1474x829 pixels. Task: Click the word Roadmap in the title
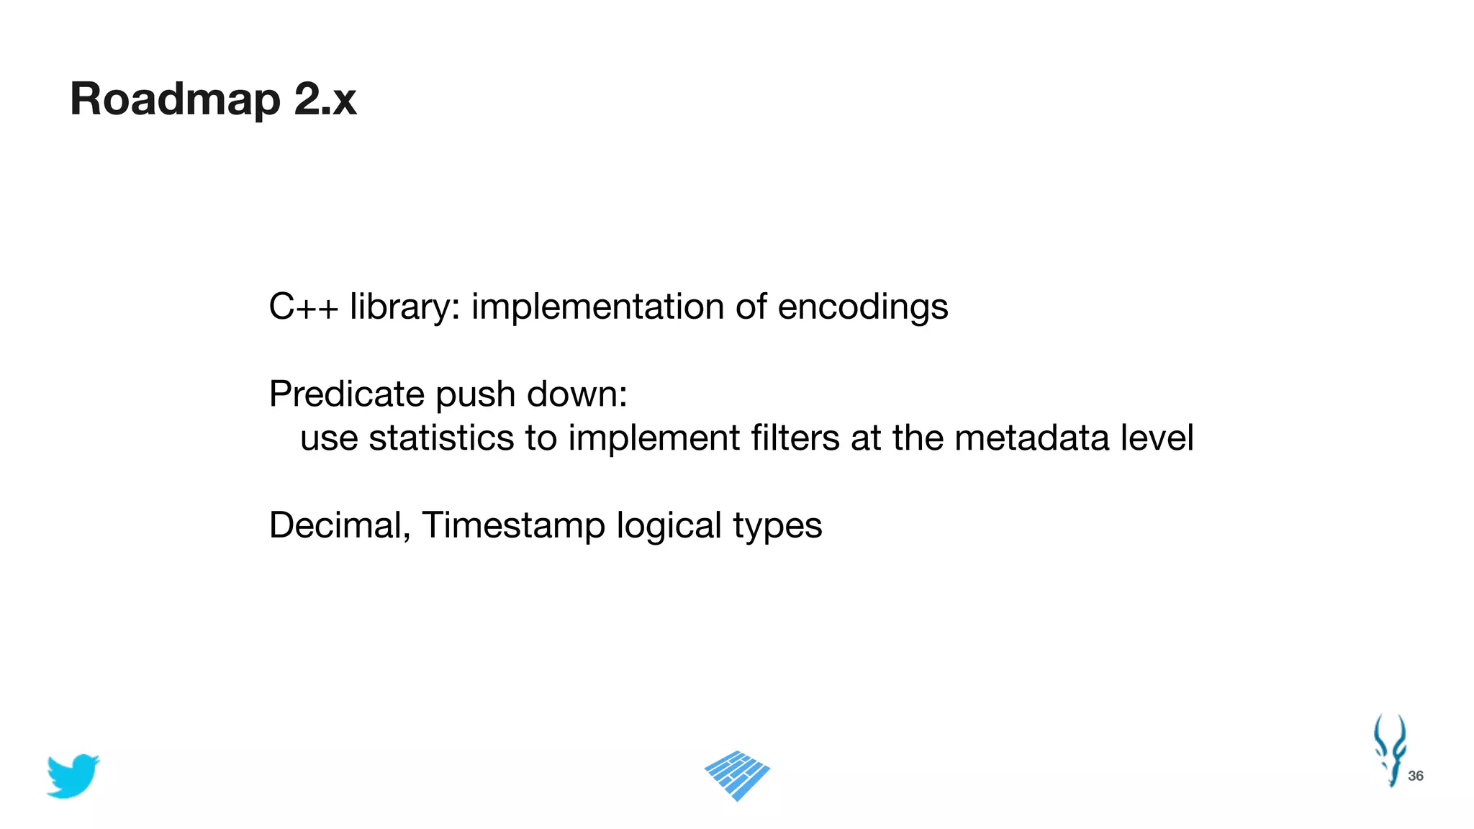175,99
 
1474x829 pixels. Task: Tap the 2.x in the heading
325,99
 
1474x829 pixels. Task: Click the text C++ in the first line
303,307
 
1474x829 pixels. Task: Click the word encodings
863,307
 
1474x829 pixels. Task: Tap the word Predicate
347,394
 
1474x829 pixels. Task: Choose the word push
476,394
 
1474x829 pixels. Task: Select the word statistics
441,438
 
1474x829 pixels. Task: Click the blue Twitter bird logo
73,776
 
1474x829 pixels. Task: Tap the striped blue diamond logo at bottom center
737,776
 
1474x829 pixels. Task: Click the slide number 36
1415,776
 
